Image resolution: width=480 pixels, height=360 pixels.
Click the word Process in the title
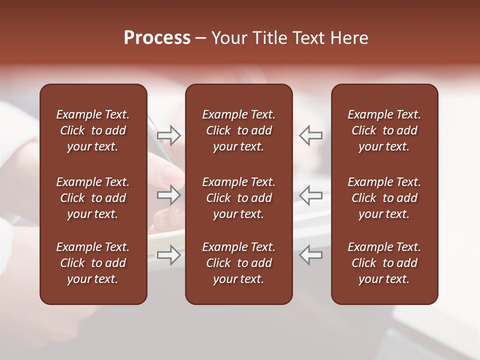click(157, 38)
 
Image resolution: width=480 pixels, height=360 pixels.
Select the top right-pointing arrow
click(169, 135)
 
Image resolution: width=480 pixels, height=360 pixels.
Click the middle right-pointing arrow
click(169, 195)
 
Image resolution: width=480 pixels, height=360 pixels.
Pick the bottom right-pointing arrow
click(169, 255)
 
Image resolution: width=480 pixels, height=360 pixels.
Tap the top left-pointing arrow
click(310, 135)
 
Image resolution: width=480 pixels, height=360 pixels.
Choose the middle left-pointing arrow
click(310, 195)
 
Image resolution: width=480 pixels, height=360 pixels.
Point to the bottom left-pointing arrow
click(310, 255)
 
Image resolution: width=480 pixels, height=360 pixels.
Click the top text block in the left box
click(93, 130)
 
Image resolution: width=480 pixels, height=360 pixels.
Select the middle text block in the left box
click(93, 198)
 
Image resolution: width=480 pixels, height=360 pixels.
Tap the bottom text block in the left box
click(93, 263)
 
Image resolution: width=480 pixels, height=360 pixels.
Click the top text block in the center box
click(239, 130)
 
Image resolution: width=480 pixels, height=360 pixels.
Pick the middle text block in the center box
click(239, 198)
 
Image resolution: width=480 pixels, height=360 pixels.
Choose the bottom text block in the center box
click(239, 263)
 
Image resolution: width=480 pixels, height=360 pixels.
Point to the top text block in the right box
click(384, 130)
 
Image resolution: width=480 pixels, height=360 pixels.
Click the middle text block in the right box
click(384, 198)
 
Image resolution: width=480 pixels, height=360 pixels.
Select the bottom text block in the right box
click(384, 263)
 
